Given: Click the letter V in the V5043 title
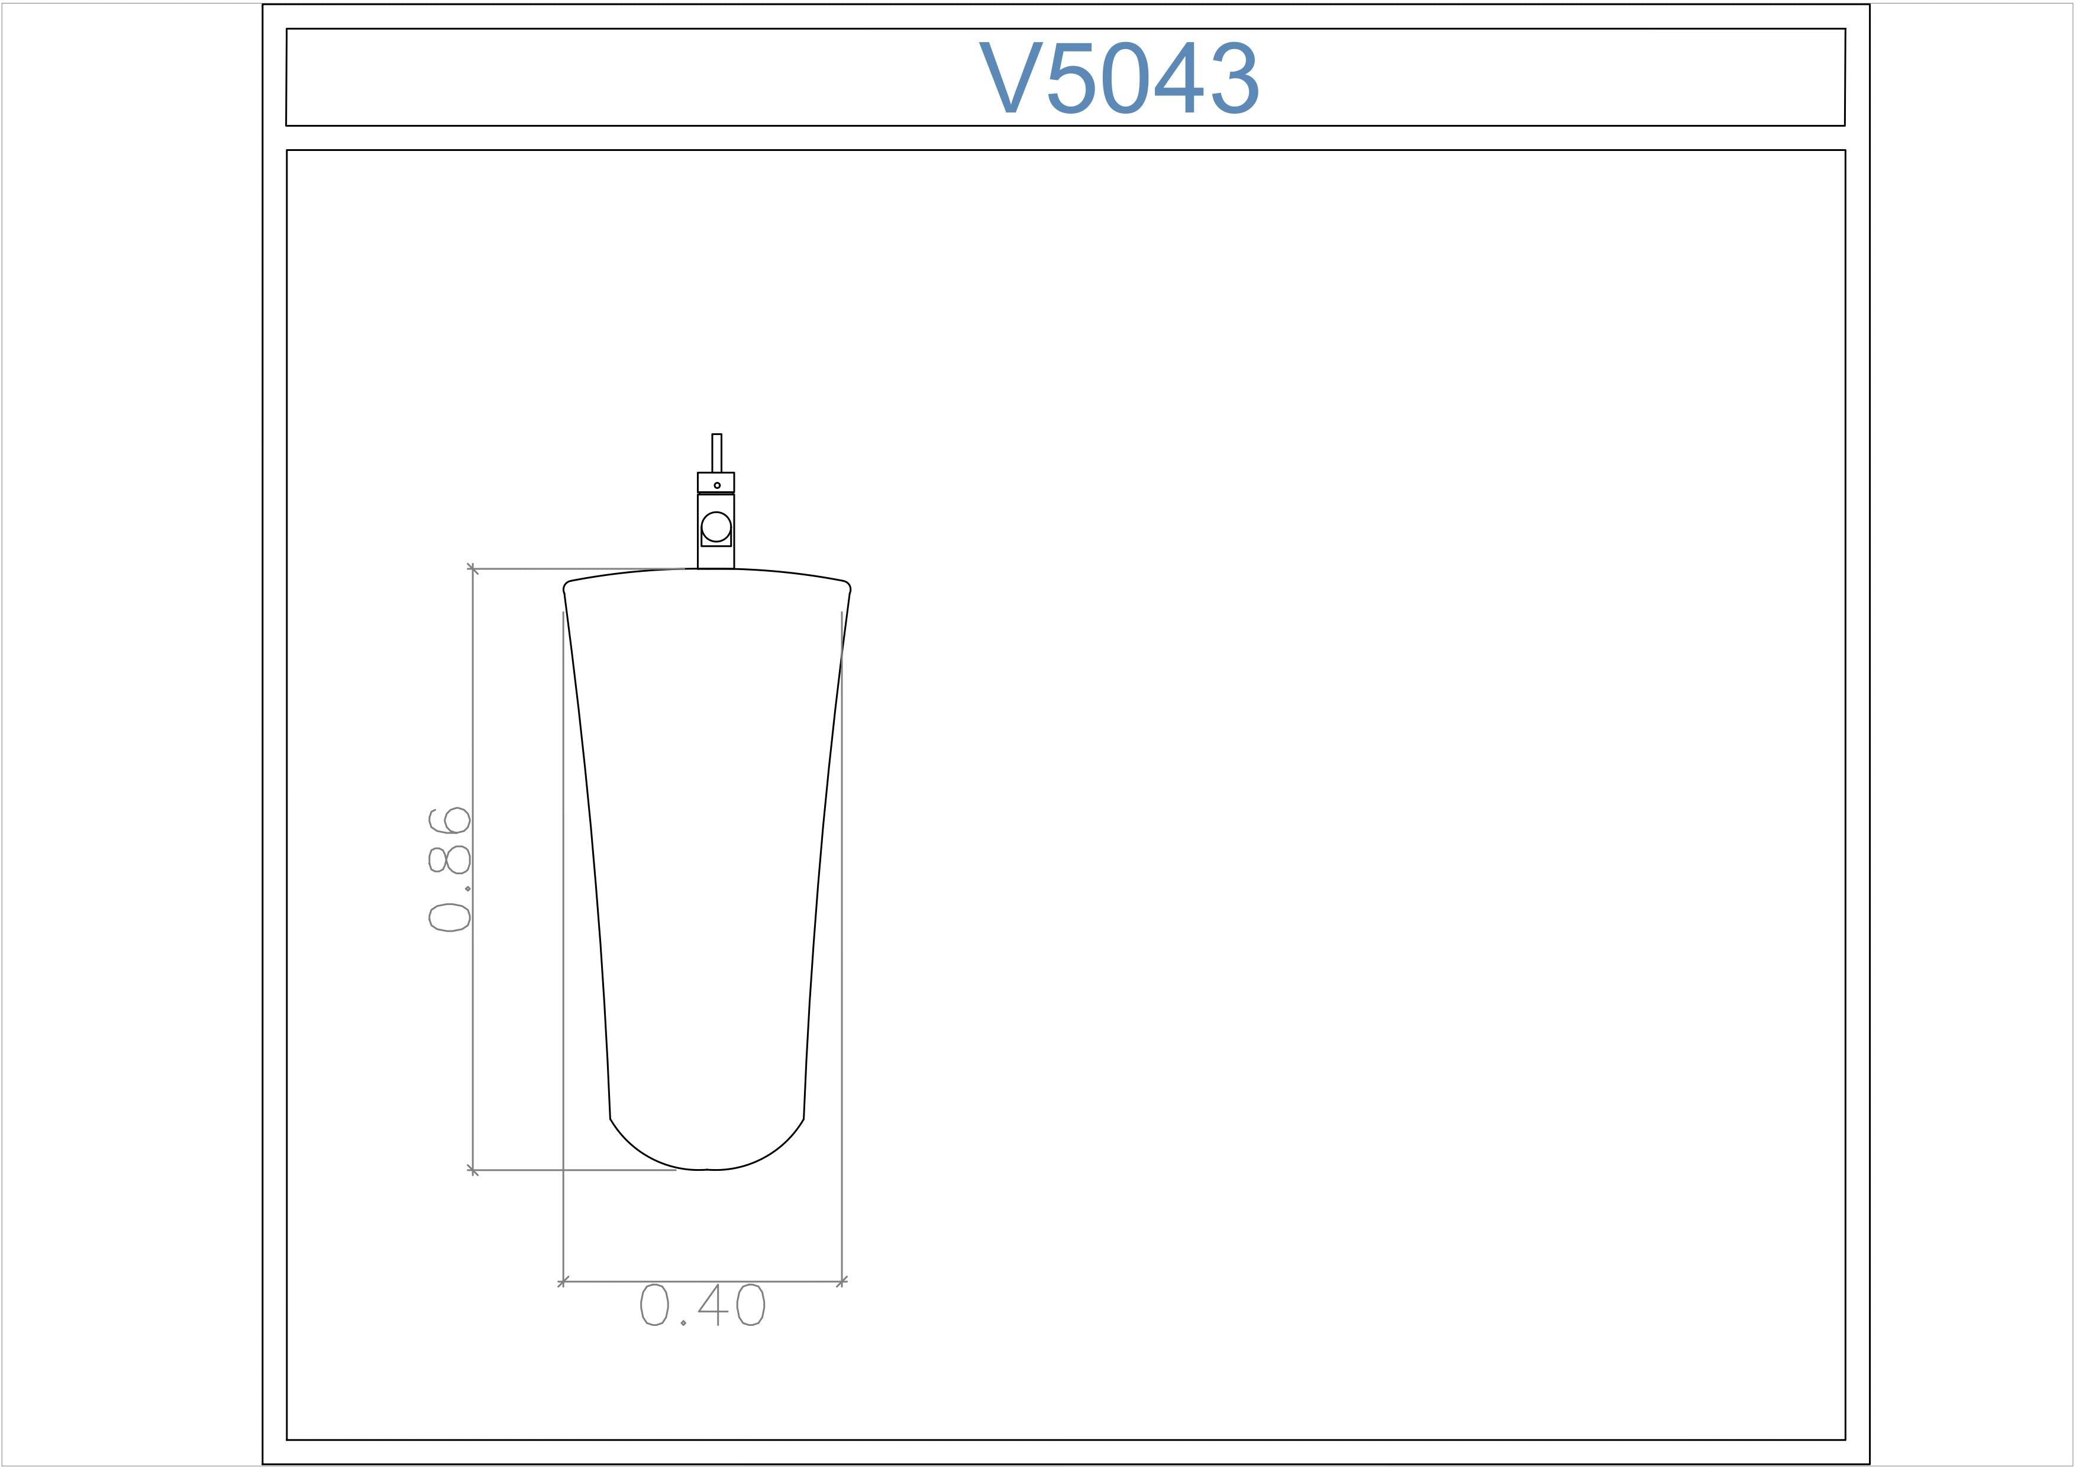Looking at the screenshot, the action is (x=1011, y=77).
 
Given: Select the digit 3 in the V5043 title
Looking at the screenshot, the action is (x=1235, y=78).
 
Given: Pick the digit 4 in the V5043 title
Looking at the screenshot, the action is (x=1180, y=77).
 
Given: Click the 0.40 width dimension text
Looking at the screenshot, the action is (x=702, y=1305).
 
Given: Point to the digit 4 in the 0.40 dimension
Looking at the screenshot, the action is (x=713, y=1305).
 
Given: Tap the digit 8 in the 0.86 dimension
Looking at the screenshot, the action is (x=450, y=859).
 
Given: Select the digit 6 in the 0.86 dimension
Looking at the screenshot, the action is (x=450, y=820).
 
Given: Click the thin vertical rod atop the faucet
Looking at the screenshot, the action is (x=717, y=453).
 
